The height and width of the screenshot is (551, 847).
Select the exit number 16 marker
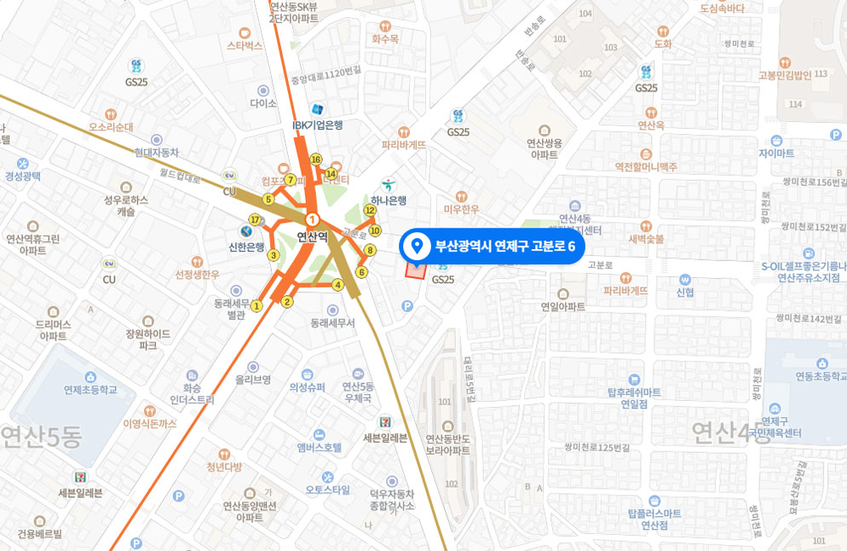pyautogui.click(x=315, y=159)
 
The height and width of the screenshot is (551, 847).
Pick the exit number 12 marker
pyautogui.click(x=369, y=210)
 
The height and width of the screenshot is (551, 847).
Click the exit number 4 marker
pyautogui.click(x=337, y=285)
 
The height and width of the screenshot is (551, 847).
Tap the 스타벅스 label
pyautogui.click(x=245, y=45)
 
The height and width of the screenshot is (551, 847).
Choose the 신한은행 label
pyautogui.click(x=246, y=247)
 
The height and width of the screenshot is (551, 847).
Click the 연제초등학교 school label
pyautogui.click(x=90, y=390)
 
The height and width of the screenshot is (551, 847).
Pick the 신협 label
pyautogui.click(x=685, y=293)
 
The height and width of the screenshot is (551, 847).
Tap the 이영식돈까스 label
pyautogui.click(x=150, y=423)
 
